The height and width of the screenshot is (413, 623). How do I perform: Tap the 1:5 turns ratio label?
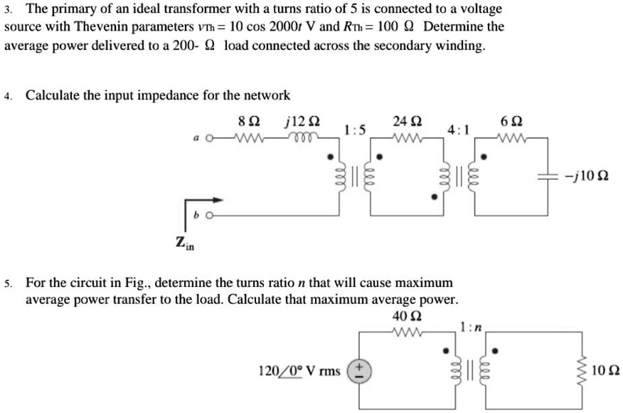click(x=355, y=130)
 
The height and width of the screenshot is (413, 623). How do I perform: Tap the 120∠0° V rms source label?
click(x=298, y=370)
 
